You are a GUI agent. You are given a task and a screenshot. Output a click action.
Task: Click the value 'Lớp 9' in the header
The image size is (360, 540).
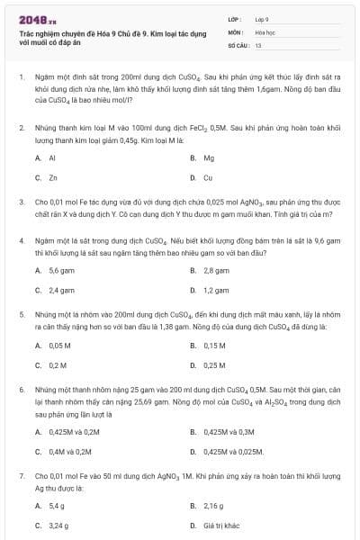click(262, 18)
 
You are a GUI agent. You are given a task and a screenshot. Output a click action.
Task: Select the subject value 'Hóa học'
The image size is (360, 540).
click(264, 31)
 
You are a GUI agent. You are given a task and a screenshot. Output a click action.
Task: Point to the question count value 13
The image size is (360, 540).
click(258, 44)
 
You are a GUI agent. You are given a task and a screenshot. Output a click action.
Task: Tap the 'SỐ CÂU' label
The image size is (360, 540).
click(237, 44)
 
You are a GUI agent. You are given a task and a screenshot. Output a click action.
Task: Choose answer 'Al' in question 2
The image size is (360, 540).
click(52, 158)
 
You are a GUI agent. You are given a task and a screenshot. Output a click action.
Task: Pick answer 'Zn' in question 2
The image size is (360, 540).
click(53, 177)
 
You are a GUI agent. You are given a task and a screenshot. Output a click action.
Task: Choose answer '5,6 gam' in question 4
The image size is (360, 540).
click(61, 270)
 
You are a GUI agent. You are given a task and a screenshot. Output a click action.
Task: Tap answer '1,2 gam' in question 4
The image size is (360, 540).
click(216, 290)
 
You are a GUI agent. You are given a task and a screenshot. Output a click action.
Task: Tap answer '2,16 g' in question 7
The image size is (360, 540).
click(212, 507)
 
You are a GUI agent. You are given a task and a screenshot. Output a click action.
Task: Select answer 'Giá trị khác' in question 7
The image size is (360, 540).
click(221, 526)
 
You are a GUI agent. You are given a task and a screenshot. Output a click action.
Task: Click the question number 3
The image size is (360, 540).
click(22, 202)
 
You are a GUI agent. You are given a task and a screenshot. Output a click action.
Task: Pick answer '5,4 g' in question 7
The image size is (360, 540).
click(57, 507)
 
